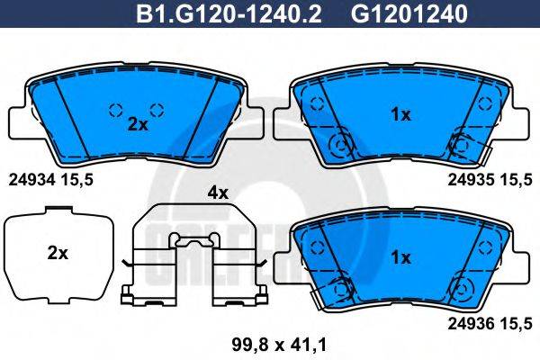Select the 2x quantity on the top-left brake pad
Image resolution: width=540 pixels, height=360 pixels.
[137, 125]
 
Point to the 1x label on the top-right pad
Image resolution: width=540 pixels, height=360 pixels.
[400, 114]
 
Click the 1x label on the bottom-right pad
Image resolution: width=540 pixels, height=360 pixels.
[400, 257]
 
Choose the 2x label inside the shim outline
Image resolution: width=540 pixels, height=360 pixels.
[57, 254]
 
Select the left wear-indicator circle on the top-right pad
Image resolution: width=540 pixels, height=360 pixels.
[340, 145]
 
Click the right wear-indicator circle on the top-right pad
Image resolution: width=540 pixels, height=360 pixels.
[463, 145]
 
